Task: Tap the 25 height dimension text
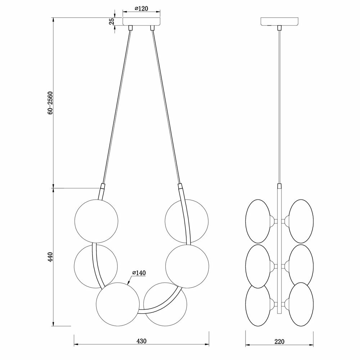(112, 21)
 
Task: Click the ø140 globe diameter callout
(138, 274)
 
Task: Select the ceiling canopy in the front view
(142, 21)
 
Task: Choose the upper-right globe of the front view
(186, 221)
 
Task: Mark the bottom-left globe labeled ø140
(118, 303)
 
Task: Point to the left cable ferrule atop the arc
(103, 188)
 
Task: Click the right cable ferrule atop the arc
(180, 188)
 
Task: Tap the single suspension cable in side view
(280, 108)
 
